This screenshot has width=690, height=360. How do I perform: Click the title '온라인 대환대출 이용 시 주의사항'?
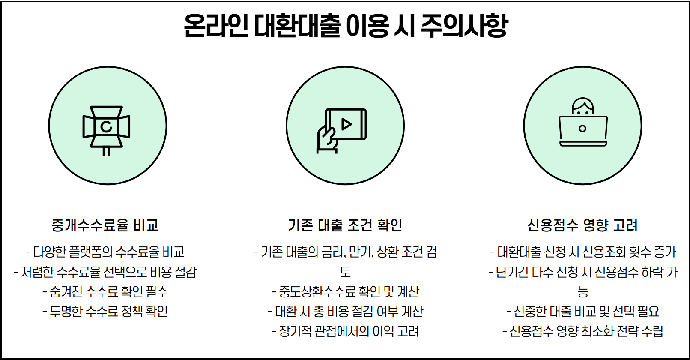pos(345,26)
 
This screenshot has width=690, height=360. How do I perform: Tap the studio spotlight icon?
pos(106,128)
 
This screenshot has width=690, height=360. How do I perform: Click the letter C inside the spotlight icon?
pos(106,126)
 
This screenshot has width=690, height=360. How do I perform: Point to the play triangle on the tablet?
pos(346,124)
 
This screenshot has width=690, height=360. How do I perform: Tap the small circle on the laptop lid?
pos(582,129)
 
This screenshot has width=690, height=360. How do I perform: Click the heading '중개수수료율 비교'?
pos(105,225)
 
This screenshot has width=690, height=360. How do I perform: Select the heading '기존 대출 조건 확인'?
pos(345,225)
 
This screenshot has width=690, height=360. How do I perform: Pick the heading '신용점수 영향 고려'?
pos(582,225)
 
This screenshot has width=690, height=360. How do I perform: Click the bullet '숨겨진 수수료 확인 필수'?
pos(105,292)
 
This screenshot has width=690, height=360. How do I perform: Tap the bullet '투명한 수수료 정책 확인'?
pos(105,312)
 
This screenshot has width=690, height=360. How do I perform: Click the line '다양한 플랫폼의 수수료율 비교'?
pos(105,252)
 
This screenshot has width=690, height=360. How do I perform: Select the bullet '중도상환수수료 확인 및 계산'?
pos(345,292)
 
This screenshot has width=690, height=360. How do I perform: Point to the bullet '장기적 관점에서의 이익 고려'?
pos(345,331)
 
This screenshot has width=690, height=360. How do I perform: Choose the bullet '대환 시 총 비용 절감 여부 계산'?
pos(345,312)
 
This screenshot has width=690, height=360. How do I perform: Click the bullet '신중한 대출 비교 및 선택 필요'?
pos(582,312)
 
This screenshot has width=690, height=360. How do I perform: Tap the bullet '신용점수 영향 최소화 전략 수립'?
pos(582,331)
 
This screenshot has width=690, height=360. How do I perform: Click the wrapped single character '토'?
pos(345,272)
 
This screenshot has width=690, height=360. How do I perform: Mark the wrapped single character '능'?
pos(582,292)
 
